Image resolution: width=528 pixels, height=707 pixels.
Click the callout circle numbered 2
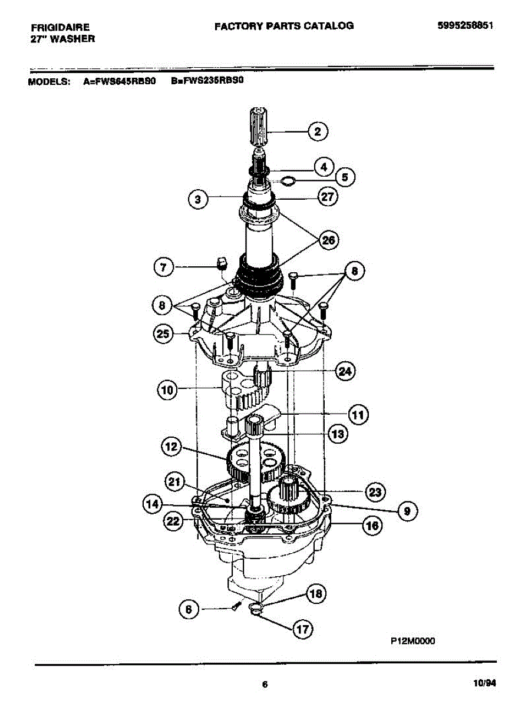pos(318,131)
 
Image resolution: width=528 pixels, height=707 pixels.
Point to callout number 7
pos(163,267)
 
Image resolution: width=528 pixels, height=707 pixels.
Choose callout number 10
pos(167,389)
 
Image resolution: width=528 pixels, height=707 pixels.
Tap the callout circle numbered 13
pos(337,435)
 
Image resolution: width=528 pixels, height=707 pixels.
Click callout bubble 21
pos(174,484)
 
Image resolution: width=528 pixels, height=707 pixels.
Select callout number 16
pos(371,526)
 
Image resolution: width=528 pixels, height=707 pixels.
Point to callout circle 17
pos(302,629)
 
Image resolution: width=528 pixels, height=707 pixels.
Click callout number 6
pos(189,610)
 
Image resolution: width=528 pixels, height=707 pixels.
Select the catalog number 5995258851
pos(465,26)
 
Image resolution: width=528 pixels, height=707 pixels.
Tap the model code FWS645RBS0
pos(124,82)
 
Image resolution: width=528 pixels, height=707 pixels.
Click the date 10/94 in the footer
pos(484,683)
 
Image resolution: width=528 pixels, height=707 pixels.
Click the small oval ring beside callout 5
pos(287,180)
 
